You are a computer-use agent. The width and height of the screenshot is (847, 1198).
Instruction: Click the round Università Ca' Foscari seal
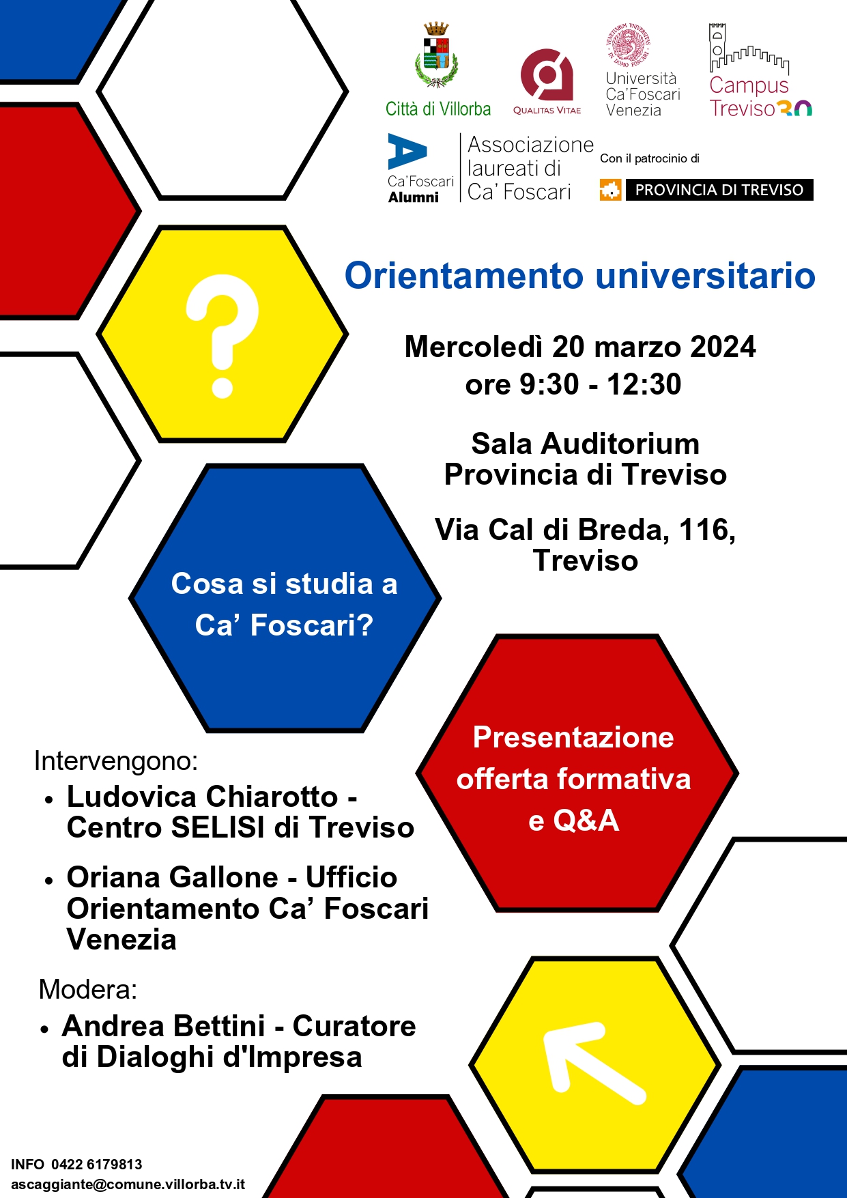pyautogui.click(x=628, y=46)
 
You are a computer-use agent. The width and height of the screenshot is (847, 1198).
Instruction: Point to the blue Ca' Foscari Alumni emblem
pyautogui.click(x=407, y=152)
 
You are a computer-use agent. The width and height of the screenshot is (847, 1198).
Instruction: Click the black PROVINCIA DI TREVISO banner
pyautogui.click(x=719, y=190)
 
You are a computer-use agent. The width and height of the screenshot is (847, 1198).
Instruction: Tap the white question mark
pyautogui.click(x=222, y=334)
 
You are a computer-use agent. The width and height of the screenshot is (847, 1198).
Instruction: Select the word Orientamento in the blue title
pyautogui.click(x=464, y=276)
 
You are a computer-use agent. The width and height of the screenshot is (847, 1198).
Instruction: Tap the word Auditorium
pyautogui.click(x=620, y=444)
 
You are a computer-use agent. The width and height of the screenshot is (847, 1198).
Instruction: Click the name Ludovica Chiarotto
pyautogui.click(x=202, y=797)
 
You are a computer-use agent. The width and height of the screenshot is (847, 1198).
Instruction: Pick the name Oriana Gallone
pyautogui.click(x=172, y=877)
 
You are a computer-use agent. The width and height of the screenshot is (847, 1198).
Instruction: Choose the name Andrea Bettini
pyautogui.click(x=163, y=1026)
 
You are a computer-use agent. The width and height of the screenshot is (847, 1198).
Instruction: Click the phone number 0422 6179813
pyautogui.click(x=97, y=1165)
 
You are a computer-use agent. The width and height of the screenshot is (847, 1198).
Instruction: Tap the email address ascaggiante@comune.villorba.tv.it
pyautogui.click(x=128, y=1184)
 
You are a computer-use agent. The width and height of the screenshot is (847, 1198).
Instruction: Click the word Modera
pyautogui.click(x=87, y=989)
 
